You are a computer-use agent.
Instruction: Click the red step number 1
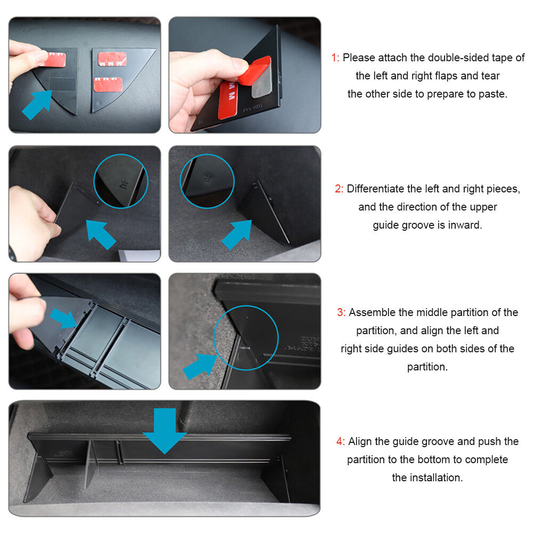(x=335, y=58)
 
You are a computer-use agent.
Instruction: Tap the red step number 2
(x=339, y=189)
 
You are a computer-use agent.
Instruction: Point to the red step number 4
(x=340, y=441)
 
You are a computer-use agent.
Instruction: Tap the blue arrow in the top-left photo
(x=37, y=105)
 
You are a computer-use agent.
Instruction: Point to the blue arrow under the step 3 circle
(x=200, y=366)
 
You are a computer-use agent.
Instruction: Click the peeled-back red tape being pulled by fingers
(x=255, y=71)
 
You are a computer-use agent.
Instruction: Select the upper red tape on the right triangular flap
(x=112, y=59)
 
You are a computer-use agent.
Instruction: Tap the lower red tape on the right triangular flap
(x=108, y=85)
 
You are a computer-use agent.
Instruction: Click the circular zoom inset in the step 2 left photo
(x=120, y=181)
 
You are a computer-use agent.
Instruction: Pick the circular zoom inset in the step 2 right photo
(x=207, y=181)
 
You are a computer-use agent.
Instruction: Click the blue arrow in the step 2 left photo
(x=101, y=235)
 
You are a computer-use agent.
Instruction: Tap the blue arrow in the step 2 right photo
(x=237, y=235)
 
